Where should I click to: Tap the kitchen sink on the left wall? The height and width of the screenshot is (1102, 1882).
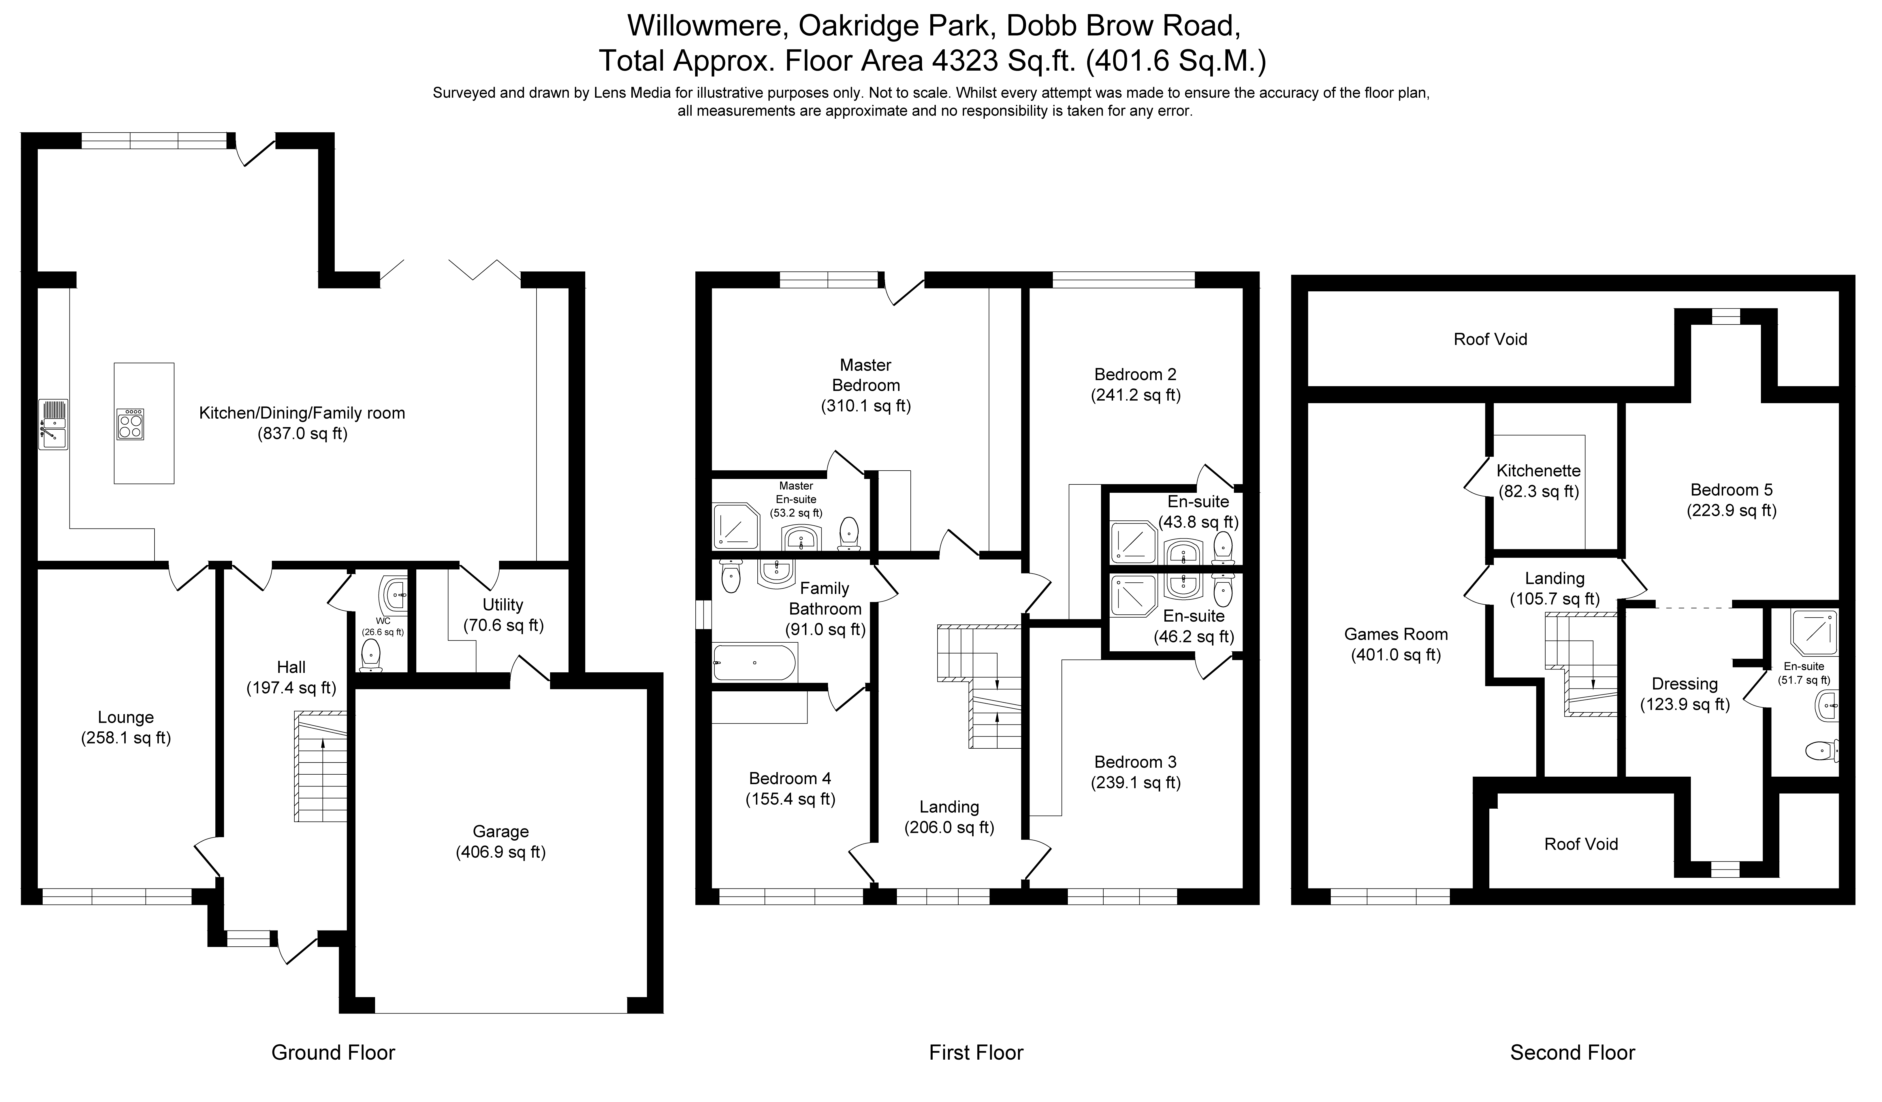coord(54,424)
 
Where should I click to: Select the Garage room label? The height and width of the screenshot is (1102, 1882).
coord(500,831)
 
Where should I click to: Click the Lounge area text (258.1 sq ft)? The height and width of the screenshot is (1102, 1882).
coord(126,738)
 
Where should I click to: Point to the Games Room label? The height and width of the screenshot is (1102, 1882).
coord(1396,634)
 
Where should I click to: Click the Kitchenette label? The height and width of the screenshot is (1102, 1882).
coord(1538,470)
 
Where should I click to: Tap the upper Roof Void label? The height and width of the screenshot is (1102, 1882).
coord(1490,339)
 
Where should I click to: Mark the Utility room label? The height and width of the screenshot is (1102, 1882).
coord(503,605)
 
